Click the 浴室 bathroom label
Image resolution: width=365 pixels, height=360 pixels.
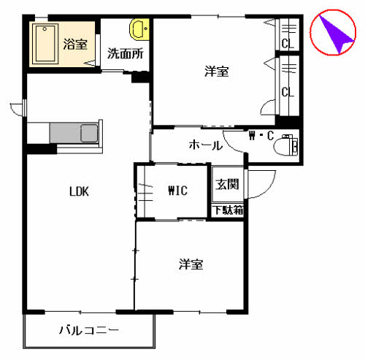pyautogui.click(x=74, y=43)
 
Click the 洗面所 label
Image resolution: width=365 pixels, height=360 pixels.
pyautogui.click(x=124, y=53)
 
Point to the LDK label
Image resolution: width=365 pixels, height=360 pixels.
pyautogui.click(x=79, y=192)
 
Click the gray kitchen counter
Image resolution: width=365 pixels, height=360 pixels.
pyautogui.click(x=75, y=134)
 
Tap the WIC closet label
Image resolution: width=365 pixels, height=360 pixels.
pyautogui.click(x=178, y=191)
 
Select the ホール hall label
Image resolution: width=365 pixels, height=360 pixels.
pyautogui.click(x=206, y=145)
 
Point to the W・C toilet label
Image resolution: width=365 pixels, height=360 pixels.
pyautogui.click(x=261, y=135)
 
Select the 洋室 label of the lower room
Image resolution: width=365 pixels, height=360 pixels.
pyautogui.click(x=191, y=264)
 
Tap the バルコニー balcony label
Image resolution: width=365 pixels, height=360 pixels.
pyautogui.click(x=89, y=331)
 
